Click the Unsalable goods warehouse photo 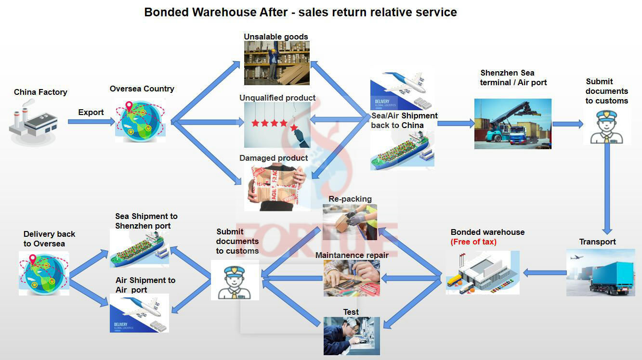pyautogui.click(x=276, y=63)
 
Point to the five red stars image pyautogui.click(x=276, y=124)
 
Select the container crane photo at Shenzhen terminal pyautogui.click(x=512, y=124)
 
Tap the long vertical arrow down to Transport pyautogui.click(x=607, y=188)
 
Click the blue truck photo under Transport pyautogui.click(x=600, y=272)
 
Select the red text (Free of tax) pyautogui.click(x=473, y=242)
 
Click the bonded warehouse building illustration pyautogui.click(x=482, y=273)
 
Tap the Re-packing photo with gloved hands pyautogui.click(x=350, y=222)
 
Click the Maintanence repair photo pyautogui.click(x=352, y=278)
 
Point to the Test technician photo pyautogui.click(x=352, y=336)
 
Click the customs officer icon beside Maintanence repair pyautogui.click(x=235, y=280)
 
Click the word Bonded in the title pyautogui.click(x=166, y=12)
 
